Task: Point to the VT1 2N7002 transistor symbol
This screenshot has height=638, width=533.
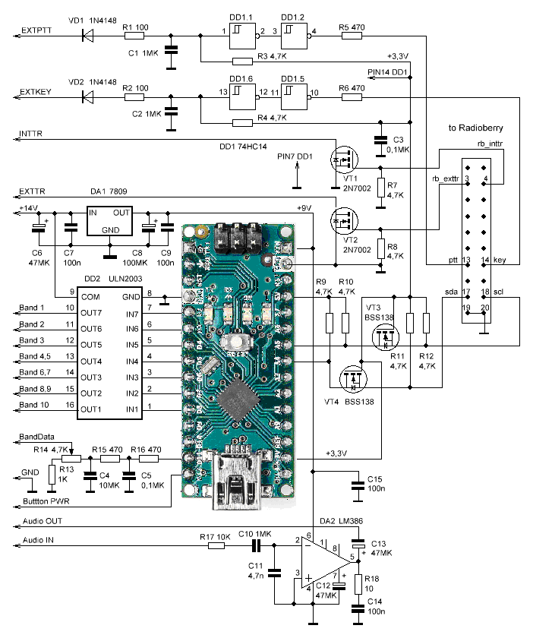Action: pos(343,160)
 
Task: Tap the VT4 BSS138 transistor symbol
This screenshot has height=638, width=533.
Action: pos(352,377)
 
